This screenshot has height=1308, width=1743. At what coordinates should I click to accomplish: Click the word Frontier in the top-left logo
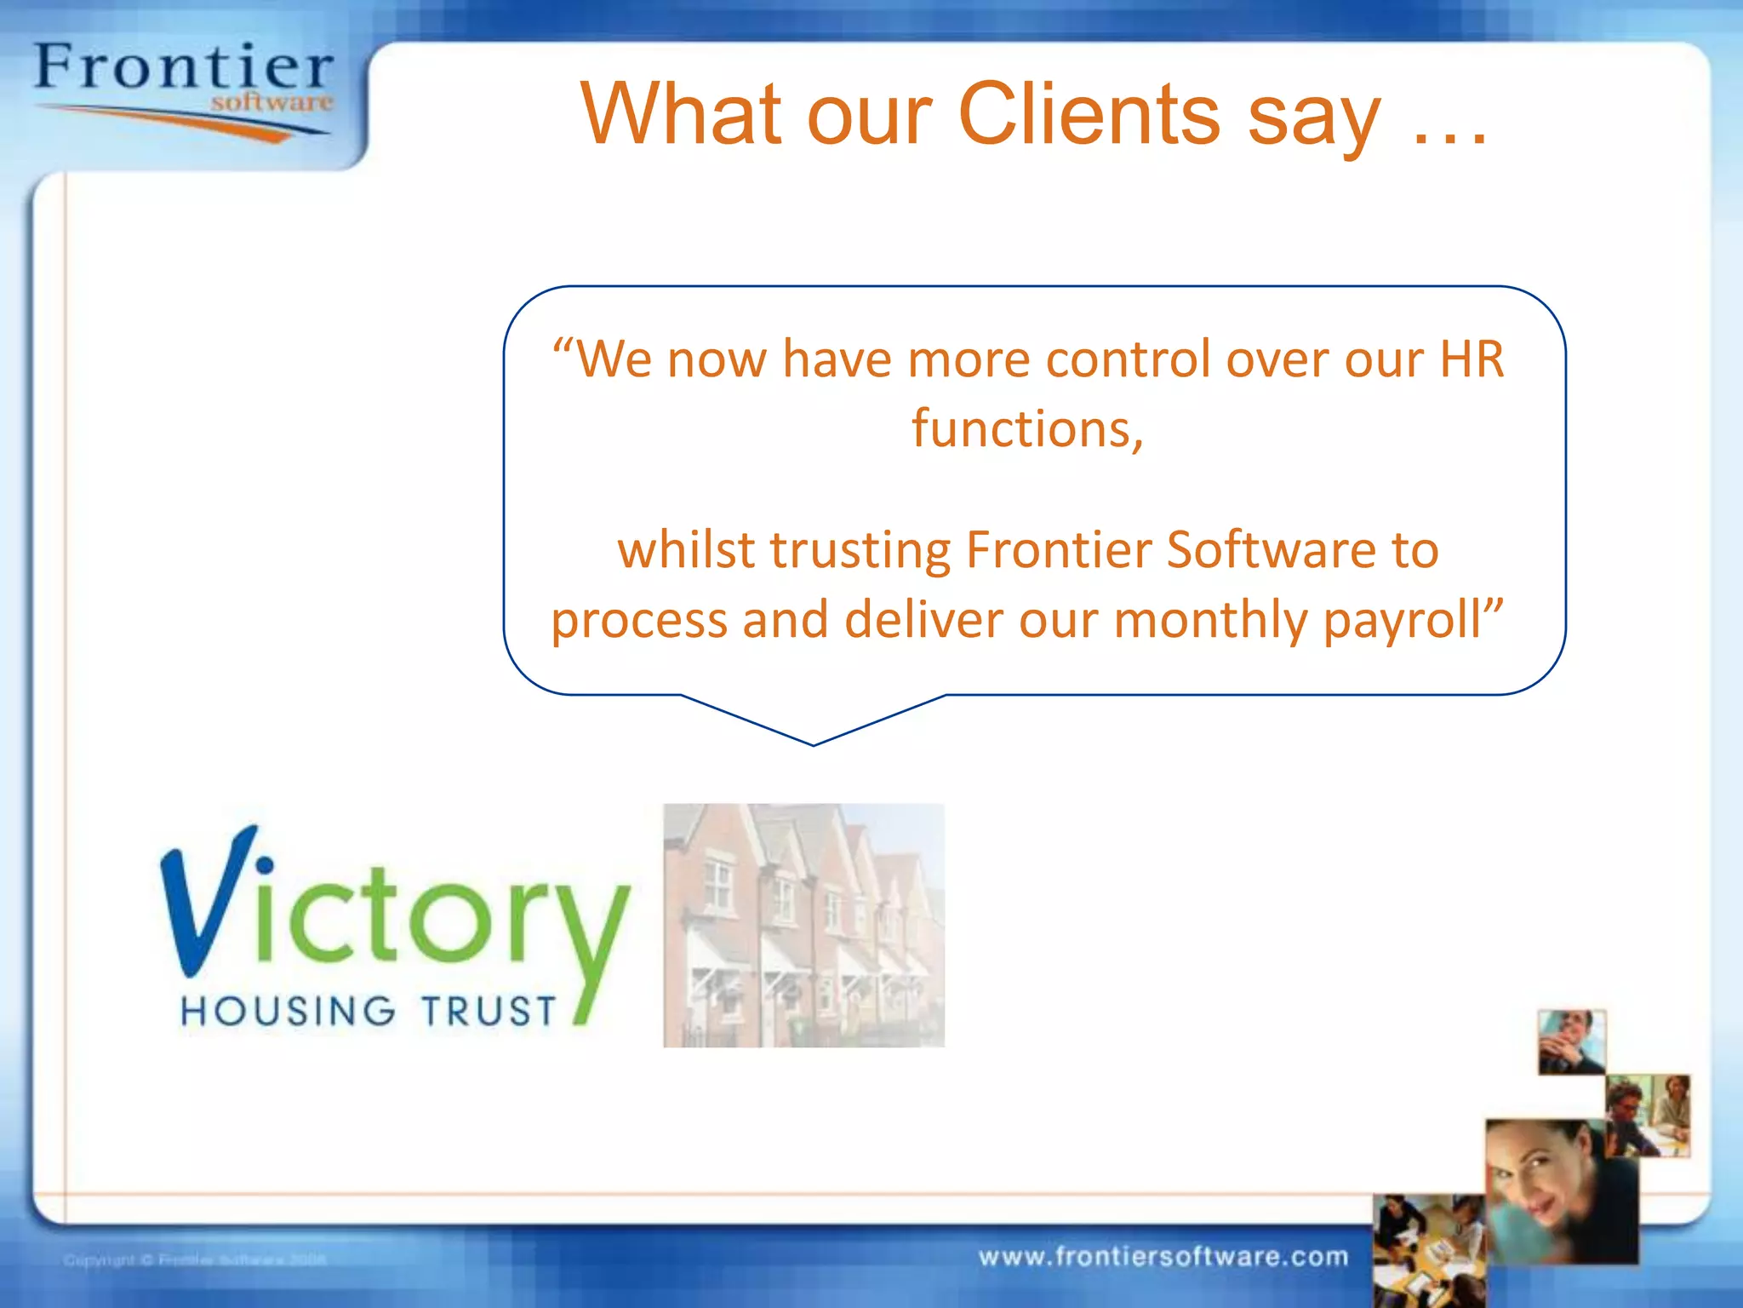pos(183,68)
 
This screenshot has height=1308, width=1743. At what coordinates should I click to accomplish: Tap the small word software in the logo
pos(271,103)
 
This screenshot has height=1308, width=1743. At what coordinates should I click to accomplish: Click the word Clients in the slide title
pos(1090,114)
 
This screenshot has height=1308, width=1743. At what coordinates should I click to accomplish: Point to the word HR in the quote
pos(1472,359)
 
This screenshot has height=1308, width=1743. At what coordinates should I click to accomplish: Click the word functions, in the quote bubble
pos(1027,428)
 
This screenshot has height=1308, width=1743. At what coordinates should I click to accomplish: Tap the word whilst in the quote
pos(686,550)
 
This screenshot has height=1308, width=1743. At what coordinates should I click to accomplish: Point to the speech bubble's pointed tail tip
pos(814,744)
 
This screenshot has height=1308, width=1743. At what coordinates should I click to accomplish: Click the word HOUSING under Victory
pos(288,1011)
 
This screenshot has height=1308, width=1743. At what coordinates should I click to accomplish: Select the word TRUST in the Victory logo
pos(489,1011)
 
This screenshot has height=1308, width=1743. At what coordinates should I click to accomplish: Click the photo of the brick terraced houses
pos(803,925)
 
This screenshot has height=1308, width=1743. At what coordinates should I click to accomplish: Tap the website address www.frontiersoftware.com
pos(1163,1257)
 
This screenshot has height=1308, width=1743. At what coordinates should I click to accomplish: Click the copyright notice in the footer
pos(195,1259)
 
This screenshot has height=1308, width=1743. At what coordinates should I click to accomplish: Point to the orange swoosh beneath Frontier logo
pos(196,123)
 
